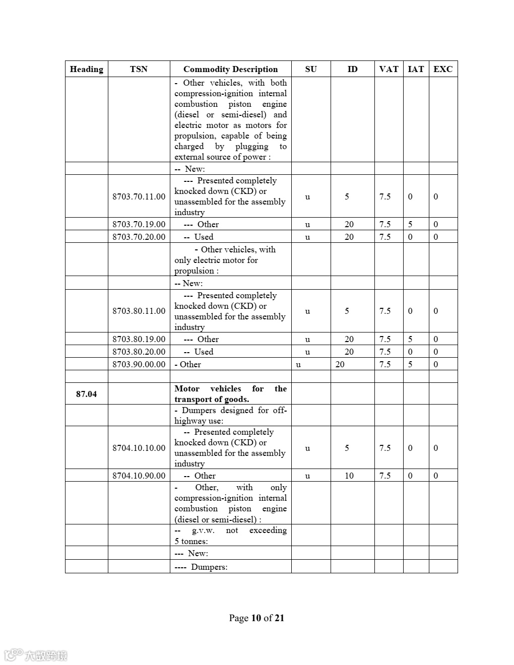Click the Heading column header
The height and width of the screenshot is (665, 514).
click(86, 69)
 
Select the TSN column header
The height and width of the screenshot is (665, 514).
click(139, 69)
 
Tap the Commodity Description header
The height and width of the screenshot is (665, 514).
click(230, 69)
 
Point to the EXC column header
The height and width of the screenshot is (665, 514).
click(443, 69)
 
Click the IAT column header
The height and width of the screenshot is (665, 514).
click(416, 69)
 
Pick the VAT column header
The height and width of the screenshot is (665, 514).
click(389, 69)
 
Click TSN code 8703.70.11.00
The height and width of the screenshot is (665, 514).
click(139, 196)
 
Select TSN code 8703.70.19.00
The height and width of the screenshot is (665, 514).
click(139, 224)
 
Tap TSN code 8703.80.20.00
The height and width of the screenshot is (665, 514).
click(139, 352)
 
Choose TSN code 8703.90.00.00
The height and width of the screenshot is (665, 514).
click(139, 364)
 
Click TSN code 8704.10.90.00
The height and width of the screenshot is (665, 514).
click(139, 476)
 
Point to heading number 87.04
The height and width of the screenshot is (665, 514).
click(86, 394)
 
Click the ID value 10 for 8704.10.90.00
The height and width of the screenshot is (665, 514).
click(349, 476)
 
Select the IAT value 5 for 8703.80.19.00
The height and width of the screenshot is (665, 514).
click(410, 339)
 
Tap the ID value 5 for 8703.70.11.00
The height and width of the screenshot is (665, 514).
click(347, 196)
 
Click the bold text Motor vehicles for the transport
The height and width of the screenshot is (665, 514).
click(230, 394)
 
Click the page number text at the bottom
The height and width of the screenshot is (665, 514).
click(256, 618)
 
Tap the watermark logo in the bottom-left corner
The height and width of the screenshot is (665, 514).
click(35, 655)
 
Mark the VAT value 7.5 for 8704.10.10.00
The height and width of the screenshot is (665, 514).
click(385, 448)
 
